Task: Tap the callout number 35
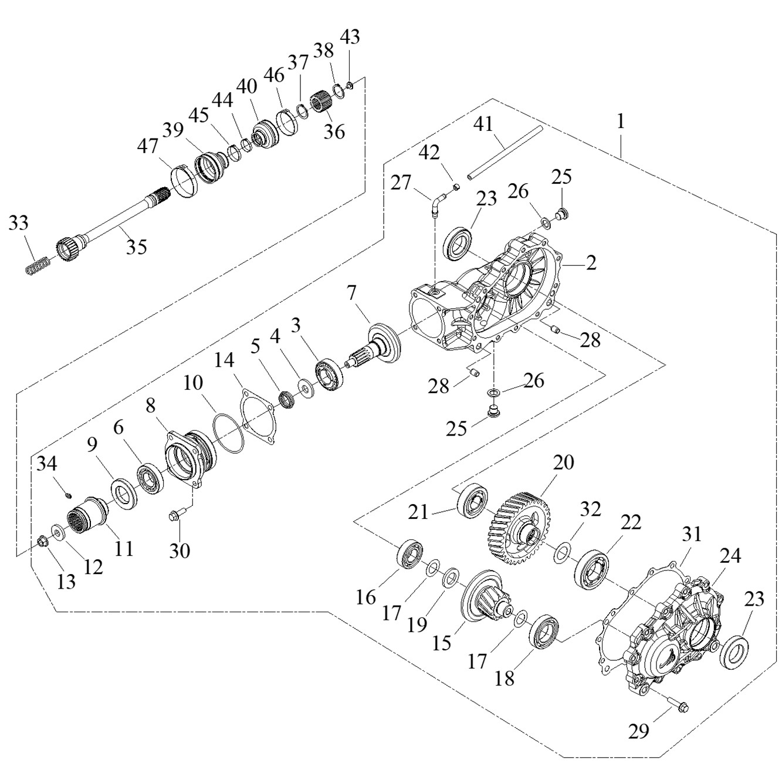[x=136, y=247]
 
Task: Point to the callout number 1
[x=621, y=122]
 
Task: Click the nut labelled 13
[x=42, y=541]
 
